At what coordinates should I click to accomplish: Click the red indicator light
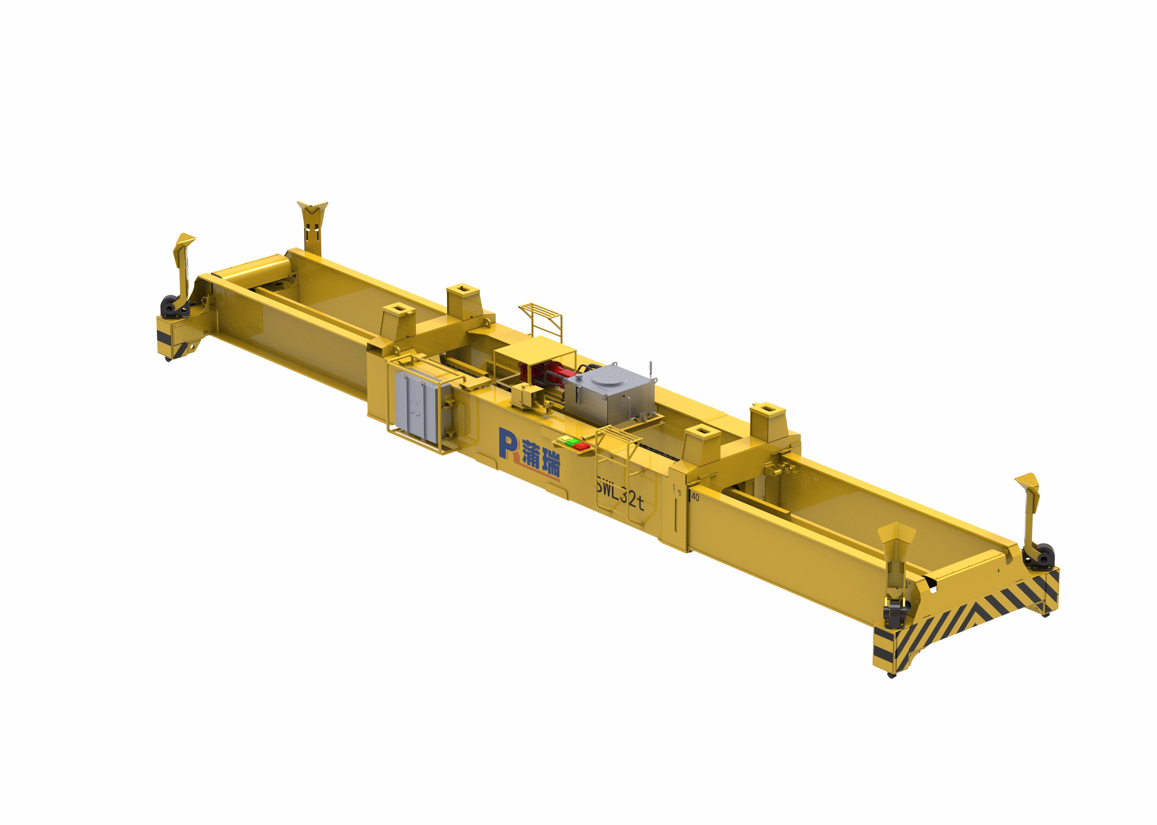582,447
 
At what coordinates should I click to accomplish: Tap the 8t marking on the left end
205,332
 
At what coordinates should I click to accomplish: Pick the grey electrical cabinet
417,406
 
